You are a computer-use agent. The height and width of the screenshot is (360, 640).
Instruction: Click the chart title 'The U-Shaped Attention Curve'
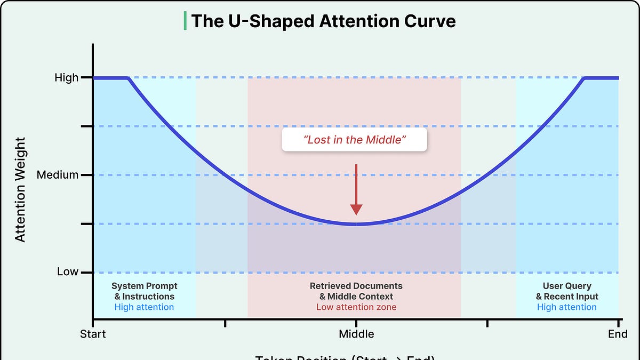coord(323,21)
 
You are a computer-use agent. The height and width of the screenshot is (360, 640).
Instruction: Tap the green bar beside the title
coord(185,21)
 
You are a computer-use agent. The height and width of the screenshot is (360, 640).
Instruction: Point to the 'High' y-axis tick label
coord(67,78)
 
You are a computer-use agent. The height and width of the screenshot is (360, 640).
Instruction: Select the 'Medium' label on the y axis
coord(58,175)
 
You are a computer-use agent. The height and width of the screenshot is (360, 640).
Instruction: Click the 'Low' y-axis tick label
coord(68,272)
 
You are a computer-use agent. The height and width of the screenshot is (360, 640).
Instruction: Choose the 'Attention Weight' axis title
coord(20,189)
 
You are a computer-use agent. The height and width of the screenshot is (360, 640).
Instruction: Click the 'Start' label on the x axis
coord(93,334)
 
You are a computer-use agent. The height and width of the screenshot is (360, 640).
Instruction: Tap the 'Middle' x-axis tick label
coord(356,334)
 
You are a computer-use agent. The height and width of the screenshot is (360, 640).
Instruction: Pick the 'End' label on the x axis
coord(618,334)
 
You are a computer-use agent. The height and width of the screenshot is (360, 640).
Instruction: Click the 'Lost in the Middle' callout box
coord(355,140)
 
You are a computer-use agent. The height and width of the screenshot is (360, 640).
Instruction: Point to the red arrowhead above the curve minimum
coord(356,210)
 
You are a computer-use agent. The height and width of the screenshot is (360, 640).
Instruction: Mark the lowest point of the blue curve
coord(356,225)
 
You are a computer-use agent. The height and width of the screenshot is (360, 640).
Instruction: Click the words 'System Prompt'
coord(144,286)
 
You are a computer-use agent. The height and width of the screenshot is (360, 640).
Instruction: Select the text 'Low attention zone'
coord(356,307)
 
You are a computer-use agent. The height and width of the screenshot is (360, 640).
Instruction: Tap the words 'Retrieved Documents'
coord(356,286)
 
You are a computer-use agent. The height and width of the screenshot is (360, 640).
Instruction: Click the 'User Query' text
coord(567,286)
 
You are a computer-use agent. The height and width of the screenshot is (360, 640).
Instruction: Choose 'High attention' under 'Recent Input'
coord(567,307)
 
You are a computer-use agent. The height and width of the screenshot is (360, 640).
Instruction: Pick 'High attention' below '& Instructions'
coord(144,307)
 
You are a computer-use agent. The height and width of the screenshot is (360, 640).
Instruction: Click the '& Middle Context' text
coord(356,297)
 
